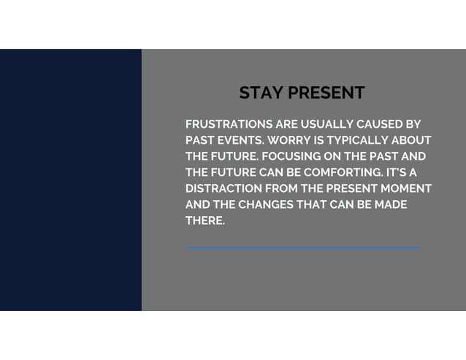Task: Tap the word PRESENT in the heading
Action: coord(326,93)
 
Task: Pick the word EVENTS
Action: coord(239,140)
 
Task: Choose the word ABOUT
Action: coord(412,140)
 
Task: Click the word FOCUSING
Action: coord(289,156)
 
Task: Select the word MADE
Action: coord(391,204)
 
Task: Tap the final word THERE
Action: coord(205,221)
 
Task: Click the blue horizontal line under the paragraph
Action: coord(302,248)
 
